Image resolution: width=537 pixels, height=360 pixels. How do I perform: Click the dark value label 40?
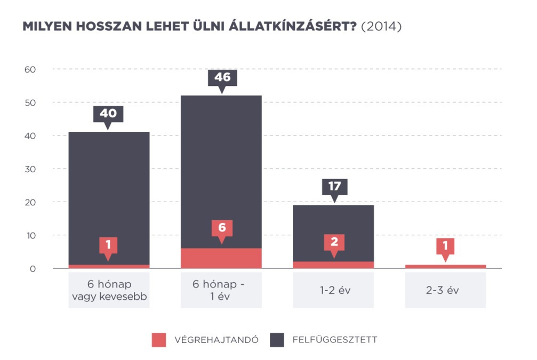(108, 113)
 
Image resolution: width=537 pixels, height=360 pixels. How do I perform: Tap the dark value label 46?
(222, 78)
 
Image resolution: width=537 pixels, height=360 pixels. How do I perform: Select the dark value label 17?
(334, 187)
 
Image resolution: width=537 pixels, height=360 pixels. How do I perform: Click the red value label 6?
(222, 228)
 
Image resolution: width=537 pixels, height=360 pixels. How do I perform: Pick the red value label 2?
(334, 242)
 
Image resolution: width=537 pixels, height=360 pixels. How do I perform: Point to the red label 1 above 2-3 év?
(446, 245)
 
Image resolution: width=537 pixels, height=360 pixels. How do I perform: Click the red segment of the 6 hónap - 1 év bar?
(221, 258)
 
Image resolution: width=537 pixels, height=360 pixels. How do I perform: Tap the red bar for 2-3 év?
(445, 266)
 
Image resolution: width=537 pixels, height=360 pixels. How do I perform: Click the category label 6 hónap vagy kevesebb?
(109, 290)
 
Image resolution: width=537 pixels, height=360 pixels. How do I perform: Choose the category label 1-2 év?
(333, 290)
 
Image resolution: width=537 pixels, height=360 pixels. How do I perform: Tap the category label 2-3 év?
(445, 290)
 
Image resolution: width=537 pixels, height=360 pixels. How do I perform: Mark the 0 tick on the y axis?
(32, 269)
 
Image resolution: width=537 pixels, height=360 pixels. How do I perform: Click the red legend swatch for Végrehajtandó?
(159, 340)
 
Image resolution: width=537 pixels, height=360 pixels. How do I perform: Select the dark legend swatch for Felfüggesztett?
(277, 340)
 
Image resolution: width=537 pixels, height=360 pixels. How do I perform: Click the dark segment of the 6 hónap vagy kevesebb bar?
(109, 197)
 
